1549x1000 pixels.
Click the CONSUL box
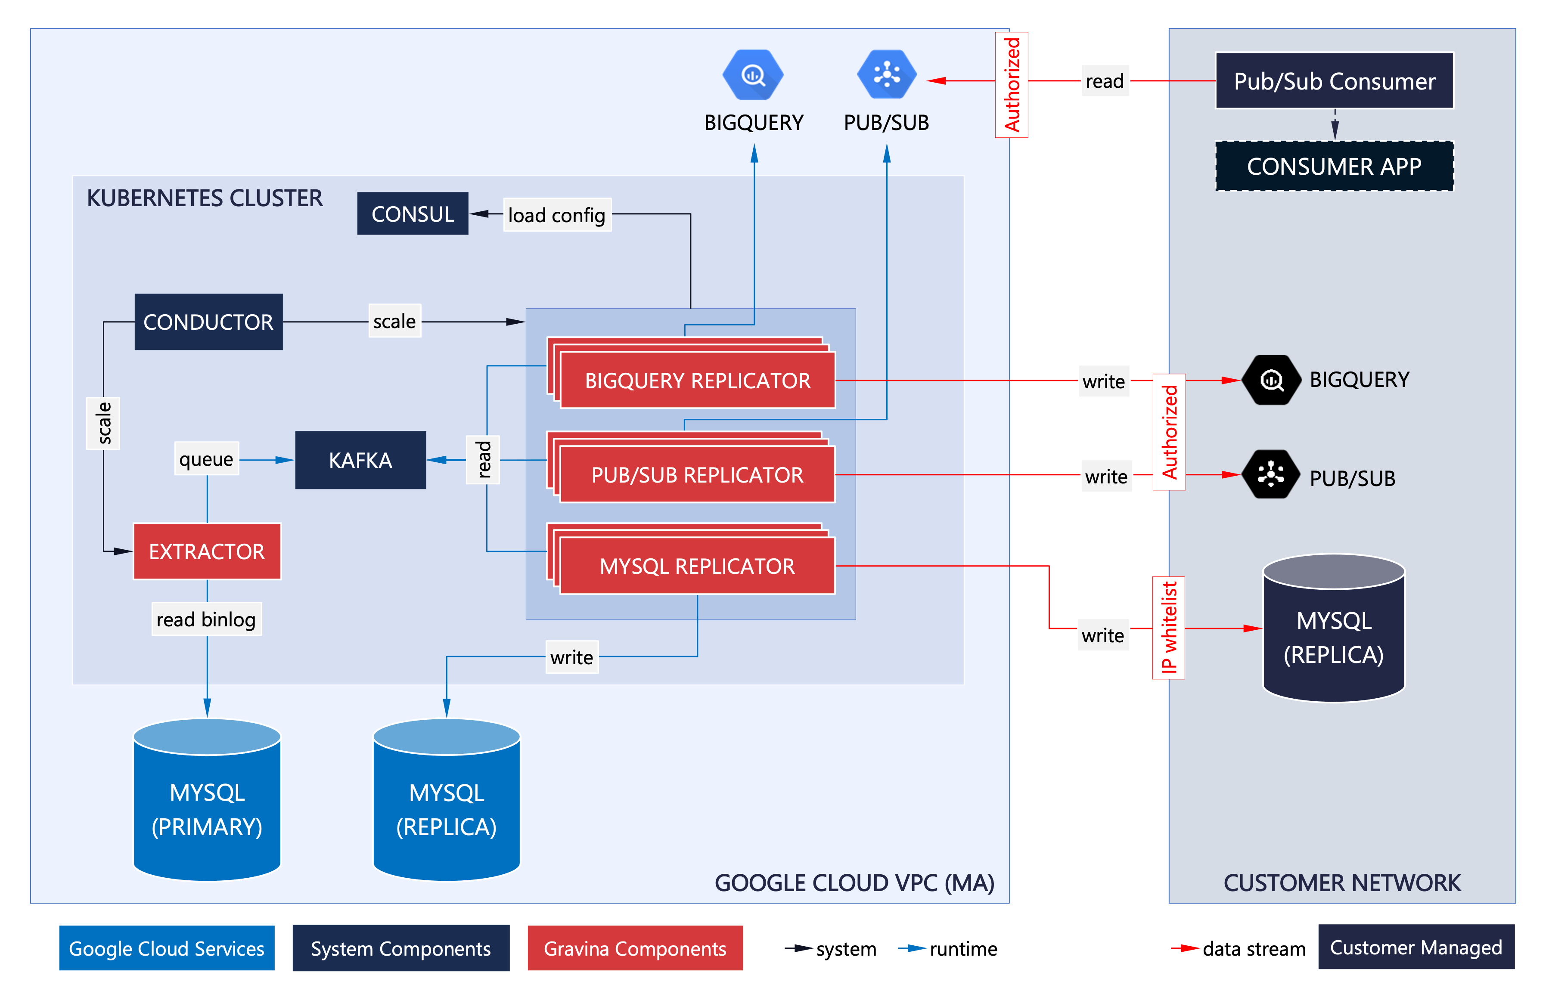pos(413,214)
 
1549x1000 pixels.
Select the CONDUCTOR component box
pos(208,322)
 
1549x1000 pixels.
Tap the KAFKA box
pos(360,460)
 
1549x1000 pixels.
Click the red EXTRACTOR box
pos(207,551)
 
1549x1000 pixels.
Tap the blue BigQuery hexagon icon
pos(753,75)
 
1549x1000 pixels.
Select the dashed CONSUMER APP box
pos(1334,166)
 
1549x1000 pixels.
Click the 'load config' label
pos(557,215)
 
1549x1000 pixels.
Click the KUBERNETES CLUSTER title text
pos(205,198)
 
